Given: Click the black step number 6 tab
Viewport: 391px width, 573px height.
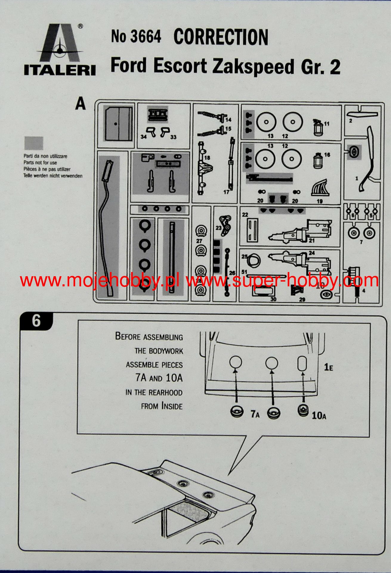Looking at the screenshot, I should pos(36,321).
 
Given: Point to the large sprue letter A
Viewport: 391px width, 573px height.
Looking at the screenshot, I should pos(80,104).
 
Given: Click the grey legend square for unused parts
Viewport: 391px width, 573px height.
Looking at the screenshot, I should pos(33,143).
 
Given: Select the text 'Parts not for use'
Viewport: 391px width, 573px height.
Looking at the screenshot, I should pos(40,163).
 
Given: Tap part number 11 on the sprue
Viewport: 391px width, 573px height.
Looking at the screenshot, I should pos(327,123).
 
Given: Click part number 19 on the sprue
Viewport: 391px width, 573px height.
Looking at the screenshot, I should pos(320,201).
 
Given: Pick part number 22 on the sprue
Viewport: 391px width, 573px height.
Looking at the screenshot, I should pos(245,215).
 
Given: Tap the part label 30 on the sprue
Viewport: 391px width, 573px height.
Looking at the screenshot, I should pos(273,299).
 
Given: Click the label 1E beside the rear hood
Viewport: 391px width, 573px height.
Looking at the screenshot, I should pos(328,367).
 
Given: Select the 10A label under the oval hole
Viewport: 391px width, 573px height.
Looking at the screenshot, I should pos(319,416).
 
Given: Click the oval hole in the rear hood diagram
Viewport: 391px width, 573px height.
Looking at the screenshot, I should pos(302,363).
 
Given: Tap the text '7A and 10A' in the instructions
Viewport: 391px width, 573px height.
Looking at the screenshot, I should pos(159,378).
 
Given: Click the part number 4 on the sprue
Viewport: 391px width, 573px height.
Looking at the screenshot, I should pos(364,291).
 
